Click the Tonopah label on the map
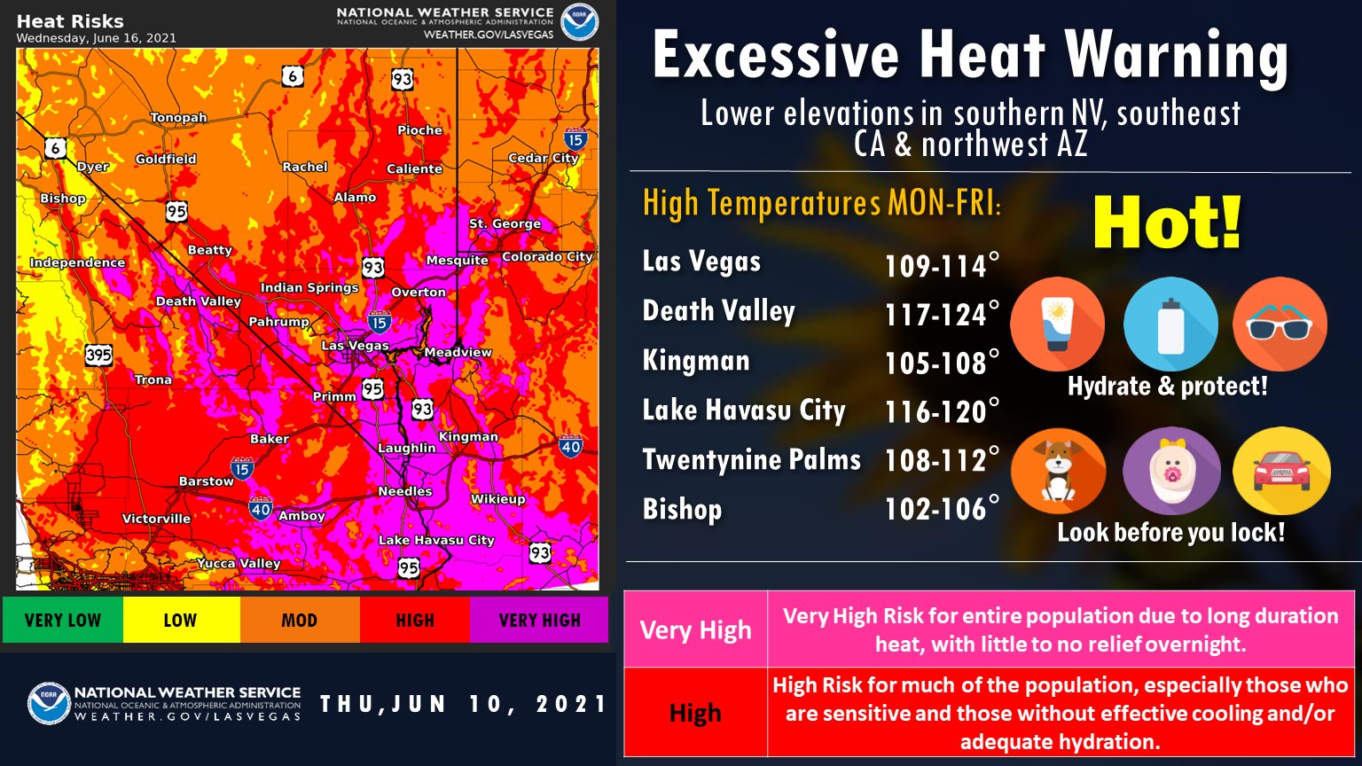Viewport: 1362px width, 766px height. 178,118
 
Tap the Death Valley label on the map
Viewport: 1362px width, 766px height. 198,301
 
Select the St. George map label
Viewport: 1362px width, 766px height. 505,223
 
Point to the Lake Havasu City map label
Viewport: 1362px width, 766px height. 436,540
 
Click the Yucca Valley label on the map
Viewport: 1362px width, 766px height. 239,563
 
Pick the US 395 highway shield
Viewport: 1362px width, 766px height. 98,355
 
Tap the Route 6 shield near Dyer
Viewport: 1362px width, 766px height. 56,148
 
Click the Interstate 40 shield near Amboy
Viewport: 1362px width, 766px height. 260,509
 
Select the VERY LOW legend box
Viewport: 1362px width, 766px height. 62,620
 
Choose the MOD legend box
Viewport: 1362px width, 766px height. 299,620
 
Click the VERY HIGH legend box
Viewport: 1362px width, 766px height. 539,620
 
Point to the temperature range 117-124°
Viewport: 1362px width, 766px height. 942,314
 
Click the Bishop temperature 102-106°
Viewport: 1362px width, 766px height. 942,509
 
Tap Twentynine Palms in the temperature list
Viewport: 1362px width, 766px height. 751,459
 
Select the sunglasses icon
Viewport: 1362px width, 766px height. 1279,324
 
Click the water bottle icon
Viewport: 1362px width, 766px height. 1170,324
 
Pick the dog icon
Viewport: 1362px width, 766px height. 1058,472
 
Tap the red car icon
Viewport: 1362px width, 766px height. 1281,472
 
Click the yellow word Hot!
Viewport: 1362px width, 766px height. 1167,224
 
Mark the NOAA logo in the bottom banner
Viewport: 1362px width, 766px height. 49,704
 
